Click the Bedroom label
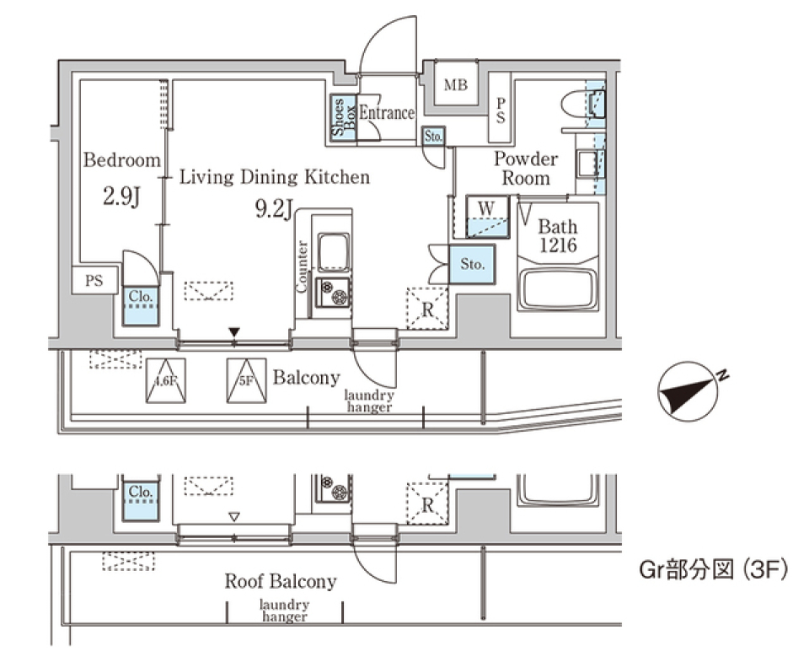point(121,159)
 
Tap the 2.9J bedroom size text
point(121,198)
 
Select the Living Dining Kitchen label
point(275,177)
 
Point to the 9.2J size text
point(274,208)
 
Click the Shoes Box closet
point(343,117)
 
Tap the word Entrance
point(387,113)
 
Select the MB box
point(456,85)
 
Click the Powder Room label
point(525,168)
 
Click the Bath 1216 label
point(558,235)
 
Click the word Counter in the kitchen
point(302,267)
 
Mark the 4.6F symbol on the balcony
point(166,381)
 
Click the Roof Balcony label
point(280,581)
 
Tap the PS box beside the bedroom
point(94,281)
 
